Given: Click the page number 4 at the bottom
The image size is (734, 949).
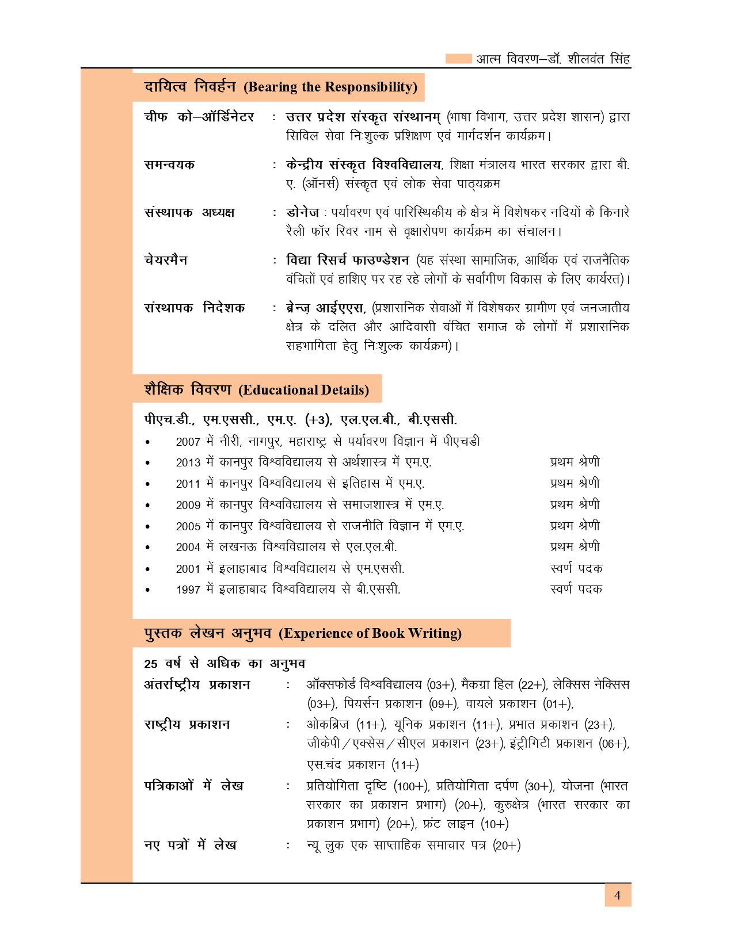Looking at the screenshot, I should pos(617,896).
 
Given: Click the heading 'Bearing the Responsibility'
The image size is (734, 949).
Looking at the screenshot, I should pos(330,87).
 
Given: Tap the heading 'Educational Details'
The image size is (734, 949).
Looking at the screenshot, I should pos(304,390).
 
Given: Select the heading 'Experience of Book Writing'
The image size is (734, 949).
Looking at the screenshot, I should pos(370,633).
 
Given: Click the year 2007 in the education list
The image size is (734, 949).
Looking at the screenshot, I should pos(188,442).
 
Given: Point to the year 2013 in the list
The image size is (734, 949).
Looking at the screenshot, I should pos(188,462).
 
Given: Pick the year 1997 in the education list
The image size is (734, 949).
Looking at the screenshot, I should pos(188,590).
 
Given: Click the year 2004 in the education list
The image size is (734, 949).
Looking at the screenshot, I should pos(188,547).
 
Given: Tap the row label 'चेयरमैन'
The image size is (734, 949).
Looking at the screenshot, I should pos(166,260).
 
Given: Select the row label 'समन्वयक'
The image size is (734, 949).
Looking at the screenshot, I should pos(169,165).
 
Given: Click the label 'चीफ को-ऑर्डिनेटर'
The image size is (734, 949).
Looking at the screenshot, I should pos(199,117).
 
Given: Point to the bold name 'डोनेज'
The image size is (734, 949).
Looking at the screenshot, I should pos(302,212).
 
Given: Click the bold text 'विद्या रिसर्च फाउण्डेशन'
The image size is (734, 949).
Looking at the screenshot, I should pos(348,260).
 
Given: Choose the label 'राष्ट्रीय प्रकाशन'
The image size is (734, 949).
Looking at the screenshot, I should pos(187,725).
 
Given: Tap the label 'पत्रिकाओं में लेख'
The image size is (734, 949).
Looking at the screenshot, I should pos(193,786).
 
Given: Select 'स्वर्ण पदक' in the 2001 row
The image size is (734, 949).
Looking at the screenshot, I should pos(576,568).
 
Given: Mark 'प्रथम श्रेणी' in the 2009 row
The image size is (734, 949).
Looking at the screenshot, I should pos(575,504).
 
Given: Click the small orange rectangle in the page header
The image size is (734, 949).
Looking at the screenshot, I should pos(459,59).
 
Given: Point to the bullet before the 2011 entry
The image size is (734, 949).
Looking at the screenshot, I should pos(148,484).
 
